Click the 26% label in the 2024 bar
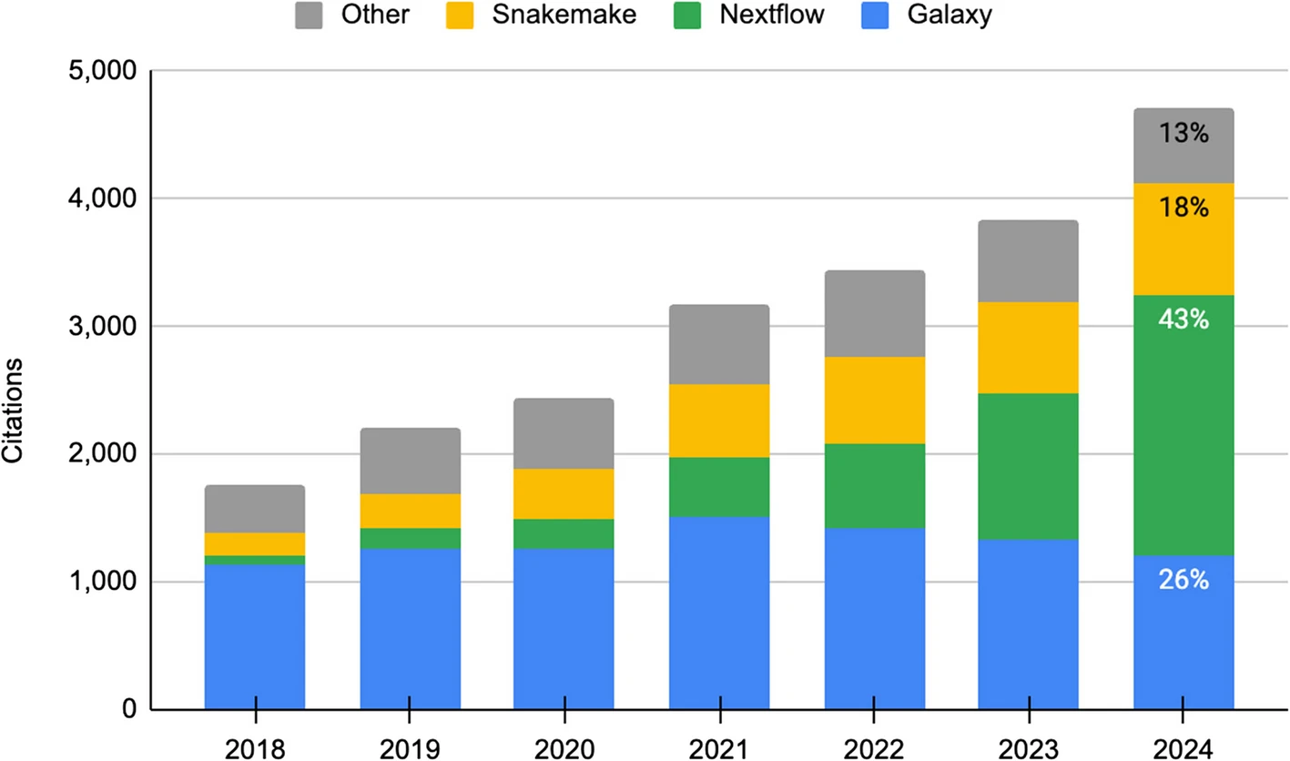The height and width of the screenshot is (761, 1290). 1183,580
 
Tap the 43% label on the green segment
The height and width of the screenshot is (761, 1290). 1183,320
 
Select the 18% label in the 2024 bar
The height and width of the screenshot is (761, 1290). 1183,208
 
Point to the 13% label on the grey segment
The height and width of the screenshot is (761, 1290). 1183,135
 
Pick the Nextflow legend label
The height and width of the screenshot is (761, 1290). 774,16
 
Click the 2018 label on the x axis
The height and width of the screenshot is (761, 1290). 255,749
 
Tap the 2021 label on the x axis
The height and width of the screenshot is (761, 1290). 719,749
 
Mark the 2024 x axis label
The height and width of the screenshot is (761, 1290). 1183,749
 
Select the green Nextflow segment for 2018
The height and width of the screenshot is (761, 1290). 255,560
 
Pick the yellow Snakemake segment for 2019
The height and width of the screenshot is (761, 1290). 410,511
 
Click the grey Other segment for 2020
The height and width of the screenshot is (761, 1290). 564,433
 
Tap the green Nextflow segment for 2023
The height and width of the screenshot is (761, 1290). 1029,466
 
